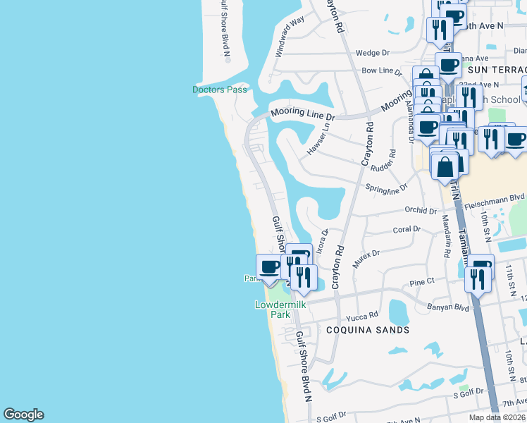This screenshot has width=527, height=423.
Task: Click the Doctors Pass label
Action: point(220,90)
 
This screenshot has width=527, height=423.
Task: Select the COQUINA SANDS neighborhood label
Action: point(367,330)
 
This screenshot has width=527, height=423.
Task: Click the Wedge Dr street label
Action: point(373,53)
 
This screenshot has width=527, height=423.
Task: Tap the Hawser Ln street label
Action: point(318,140)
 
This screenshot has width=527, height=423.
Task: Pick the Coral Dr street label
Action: point(406,229)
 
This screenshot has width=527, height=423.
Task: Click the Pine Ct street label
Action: point(422,282)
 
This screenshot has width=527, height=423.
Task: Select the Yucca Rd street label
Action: point(364,314)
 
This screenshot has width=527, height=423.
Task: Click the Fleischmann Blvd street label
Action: point(495,199)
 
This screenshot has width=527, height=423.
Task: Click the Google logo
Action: point(23,415)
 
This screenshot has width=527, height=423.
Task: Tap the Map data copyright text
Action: point(497,417)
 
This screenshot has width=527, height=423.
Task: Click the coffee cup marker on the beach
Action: point(269,269)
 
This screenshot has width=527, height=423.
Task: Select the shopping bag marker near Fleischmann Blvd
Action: point(445,168)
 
